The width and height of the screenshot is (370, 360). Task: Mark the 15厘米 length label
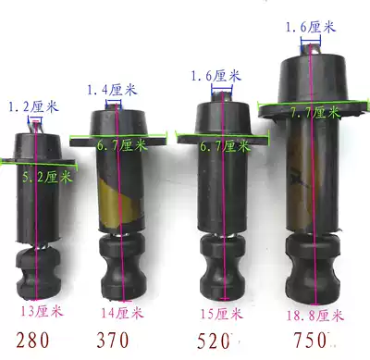tap(218, 312)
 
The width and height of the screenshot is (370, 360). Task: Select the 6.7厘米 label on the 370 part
tap(122, 144)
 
